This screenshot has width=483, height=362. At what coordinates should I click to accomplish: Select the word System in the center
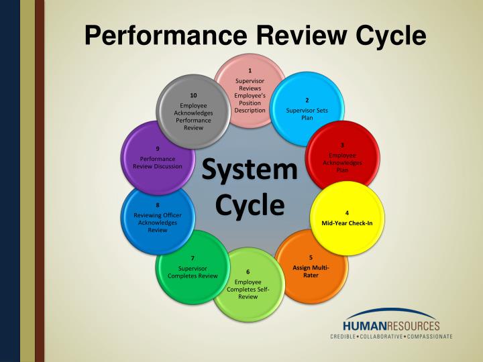point(250,169)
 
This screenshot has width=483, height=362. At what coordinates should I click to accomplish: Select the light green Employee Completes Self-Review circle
point(248,284)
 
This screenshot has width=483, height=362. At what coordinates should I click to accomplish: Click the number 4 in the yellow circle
point(347,213)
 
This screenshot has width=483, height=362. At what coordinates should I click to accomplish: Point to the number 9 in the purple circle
point(157,148)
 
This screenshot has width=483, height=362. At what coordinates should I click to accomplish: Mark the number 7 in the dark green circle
point(193,258)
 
